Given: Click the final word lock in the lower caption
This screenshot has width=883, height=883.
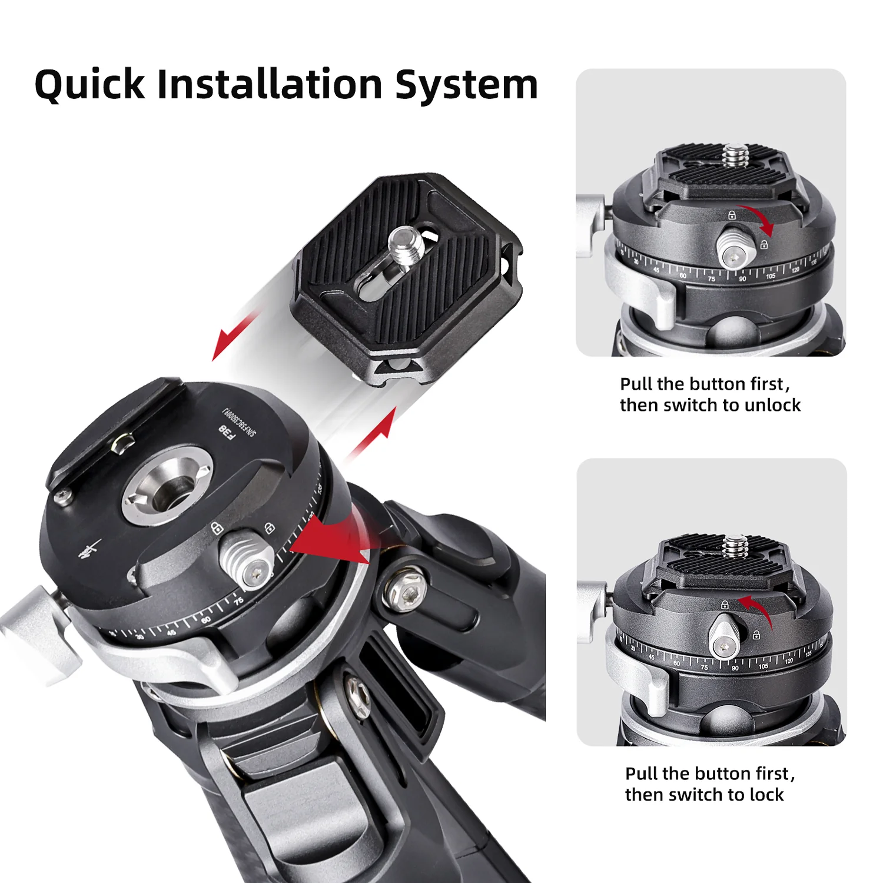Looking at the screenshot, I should point(766,795).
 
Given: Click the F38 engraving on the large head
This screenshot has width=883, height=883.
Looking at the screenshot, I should point(227,432).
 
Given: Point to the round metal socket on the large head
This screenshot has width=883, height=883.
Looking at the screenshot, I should point(167,484).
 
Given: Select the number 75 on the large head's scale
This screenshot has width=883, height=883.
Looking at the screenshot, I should point(238,602).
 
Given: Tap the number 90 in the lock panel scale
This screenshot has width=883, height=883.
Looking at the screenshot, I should point(735,668).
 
